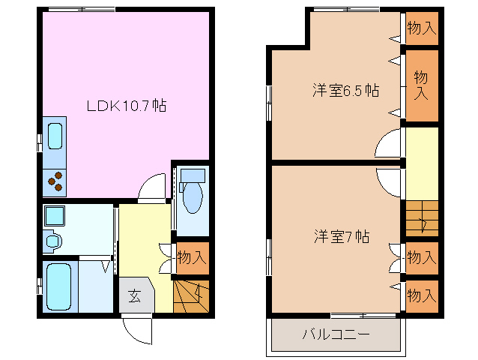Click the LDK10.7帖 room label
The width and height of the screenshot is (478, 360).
tap(125, 106)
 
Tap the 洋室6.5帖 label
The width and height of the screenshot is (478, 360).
tap(345, 91)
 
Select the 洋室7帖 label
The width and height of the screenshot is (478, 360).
tap(341, 236)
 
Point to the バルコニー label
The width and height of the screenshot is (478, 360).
tap(336, 334)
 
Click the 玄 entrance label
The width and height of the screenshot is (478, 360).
tap(133, 295)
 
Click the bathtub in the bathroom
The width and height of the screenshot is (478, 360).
tap(58, 286)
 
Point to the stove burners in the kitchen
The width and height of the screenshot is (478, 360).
tap(55, 181)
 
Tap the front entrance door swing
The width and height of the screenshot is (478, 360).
tap(136, 328)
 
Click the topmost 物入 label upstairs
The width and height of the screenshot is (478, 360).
tap(421, 28)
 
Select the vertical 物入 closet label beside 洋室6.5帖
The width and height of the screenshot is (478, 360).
tap(421, 85)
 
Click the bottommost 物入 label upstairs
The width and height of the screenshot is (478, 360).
tap(421, 295)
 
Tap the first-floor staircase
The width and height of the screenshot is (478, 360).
tap(191, 295)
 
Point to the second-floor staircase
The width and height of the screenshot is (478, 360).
tap(421, 219)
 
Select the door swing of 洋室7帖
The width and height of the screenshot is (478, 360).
tap(390, 180)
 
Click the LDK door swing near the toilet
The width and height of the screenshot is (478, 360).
tap(152, 187)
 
